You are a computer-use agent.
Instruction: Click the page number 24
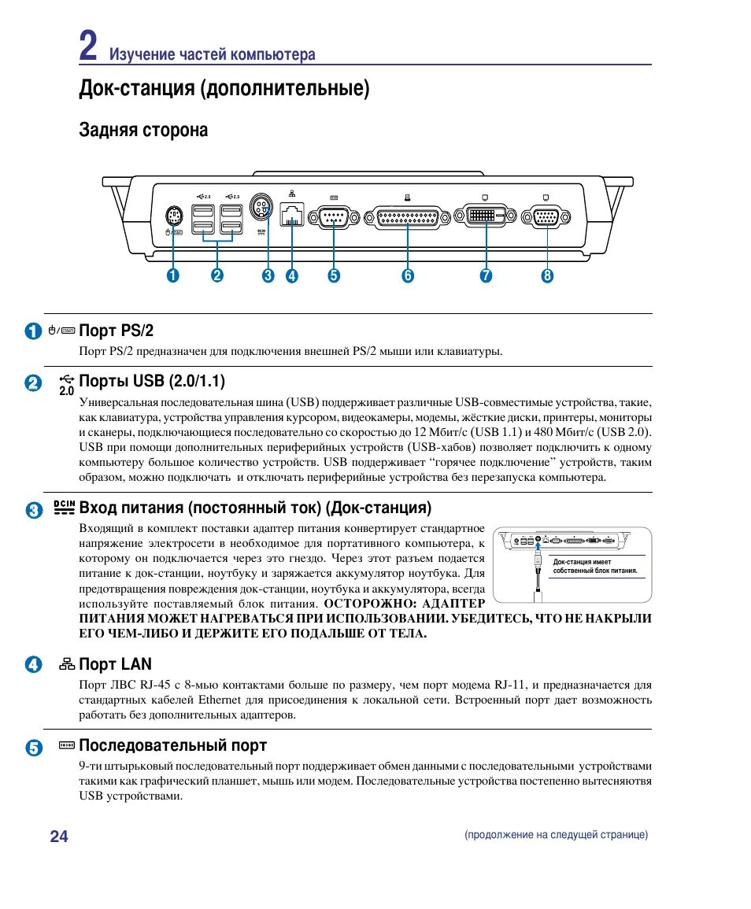pyautogui.click(x=59, y=836)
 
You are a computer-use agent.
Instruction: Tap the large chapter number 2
pyautogui.click(x=88, y=46)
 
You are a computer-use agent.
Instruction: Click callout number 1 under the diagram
pyautogui.click(x=172, y=275)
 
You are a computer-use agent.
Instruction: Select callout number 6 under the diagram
pyautogui.click(x=407, y=275)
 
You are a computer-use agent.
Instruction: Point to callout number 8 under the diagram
pyautogui.click(x=547, y=275)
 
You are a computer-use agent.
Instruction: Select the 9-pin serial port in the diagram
pyautogui.click(x=334, y=216)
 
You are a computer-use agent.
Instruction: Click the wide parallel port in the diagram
pyautogui.click(x=408, y=216)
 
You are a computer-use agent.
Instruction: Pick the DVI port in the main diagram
pyautogui.click(x=486, y=216)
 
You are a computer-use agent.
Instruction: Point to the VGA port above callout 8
pyautogui.click(x=547, y=216)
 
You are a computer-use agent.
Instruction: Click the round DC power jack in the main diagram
pyautogui.click(x=261, y=209)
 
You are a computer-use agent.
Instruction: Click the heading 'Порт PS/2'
pyautogui.click(x=117, y=330)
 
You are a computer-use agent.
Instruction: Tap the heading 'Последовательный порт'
pyautogui.click(x=172, y=745)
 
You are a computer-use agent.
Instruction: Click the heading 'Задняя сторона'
pyautogui.click(x=143, y=130)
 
